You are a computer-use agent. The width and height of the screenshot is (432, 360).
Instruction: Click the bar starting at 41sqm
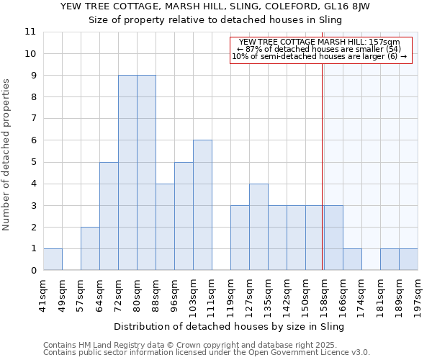tap(53, 259)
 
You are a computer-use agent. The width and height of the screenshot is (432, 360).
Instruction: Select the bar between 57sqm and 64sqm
tap(90, 248)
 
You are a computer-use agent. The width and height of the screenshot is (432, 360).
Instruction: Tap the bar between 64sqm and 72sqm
tap(109, 216)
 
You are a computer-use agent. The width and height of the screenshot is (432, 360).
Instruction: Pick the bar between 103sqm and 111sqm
tap(202, 205)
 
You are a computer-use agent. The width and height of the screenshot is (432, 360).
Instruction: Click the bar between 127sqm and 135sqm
tap(258, 227)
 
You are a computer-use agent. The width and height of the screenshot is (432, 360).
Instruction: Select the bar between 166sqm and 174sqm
tap(352, 259)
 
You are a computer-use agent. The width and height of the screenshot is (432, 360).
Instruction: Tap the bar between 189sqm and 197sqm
tap(408, 259)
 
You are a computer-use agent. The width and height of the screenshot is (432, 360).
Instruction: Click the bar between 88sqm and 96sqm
tap(165, 227)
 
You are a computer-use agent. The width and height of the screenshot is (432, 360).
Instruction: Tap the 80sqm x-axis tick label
tap(138, 294)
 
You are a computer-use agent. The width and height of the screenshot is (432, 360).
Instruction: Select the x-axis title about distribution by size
tap(230, 326)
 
